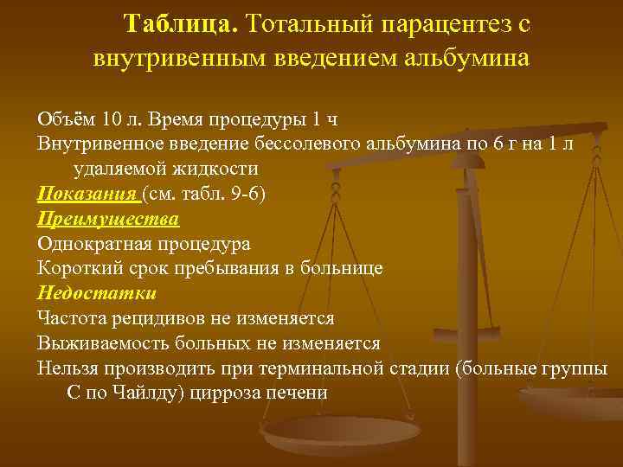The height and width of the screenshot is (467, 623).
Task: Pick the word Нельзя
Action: tap(70, 368)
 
